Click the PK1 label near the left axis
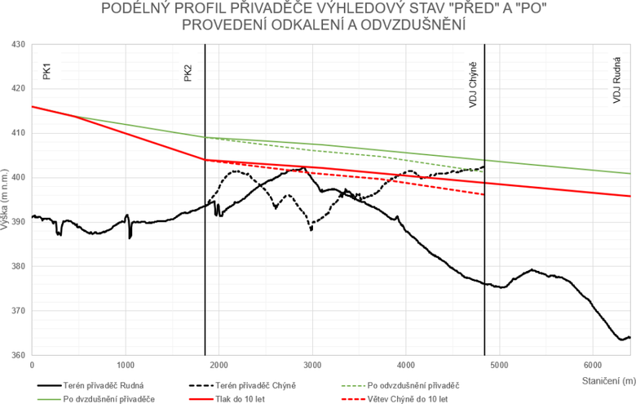pos(47,72)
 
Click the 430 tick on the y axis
pos(18,44)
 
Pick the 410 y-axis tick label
pos(18,133)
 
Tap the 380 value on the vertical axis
pos(18,266)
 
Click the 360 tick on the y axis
pos(18,355)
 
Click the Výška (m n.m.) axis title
pos(6,200)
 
